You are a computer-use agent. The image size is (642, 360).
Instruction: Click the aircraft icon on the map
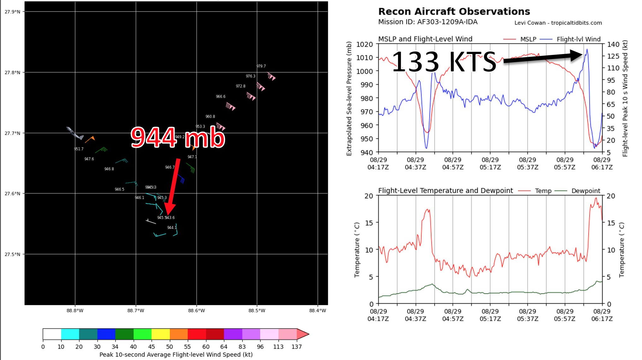[75, 134]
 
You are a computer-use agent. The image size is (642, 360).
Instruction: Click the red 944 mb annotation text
[178, 137]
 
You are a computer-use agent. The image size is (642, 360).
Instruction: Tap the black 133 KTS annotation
[444, 62]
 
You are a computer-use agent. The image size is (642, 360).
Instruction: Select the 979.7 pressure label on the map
[261, 66]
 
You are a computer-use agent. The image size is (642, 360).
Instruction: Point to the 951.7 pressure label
[79, 149]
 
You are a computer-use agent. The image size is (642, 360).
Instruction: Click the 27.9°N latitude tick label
[12, 12]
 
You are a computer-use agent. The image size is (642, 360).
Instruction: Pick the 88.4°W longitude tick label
[318, 311]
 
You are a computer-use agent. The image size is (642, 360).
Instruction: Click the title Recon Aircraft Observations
[454, 12]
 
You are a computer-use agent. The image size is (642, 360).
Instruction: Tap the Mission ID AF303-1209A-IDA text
[428, 22]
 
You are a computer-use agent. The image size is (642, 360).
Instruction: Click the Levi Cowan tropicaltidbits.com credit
[558, 23]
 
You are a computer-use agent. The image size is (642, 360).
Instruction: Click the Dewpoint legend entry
[586, 191]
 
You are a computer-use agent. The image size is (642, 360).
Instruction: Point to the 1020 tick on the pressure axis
[365, 45]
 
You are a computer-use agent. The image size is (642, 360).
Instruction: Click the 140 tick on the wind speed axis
[613, 45]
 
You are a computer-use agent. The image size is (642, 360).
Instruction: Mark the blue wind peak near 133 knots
[587, 49]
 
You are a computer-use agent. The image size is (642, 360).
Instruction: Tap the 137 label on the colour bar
[296, 347]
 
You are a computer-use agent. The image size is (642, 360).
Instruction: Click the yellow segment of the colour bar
[160, 334]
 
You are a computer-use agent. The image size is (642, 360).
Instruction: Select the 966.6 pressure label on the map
[221, 97]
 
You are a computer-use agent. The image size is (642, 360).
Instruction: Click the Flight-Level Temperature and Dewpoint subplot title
[445, 191]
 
